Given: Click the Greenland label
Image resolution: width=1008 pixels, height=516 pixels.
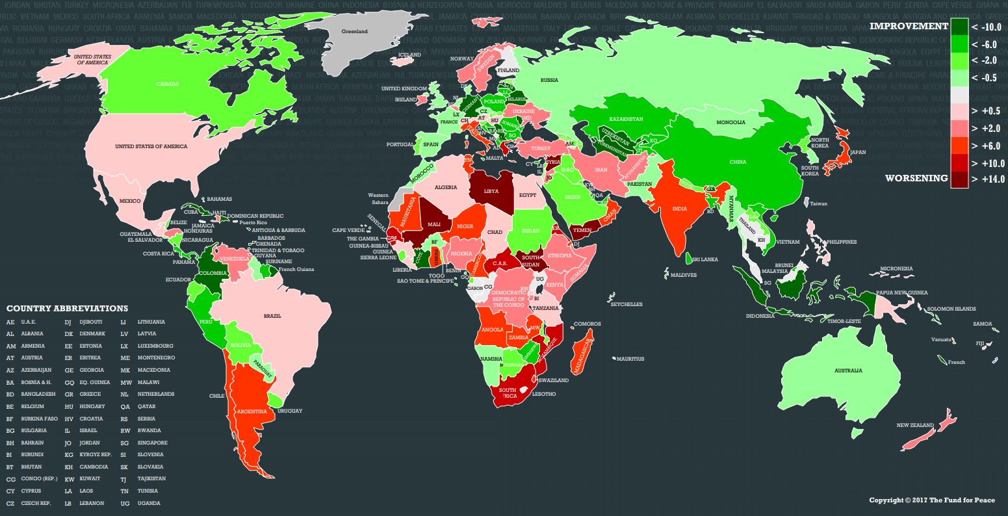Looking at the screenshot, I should coord(354,31).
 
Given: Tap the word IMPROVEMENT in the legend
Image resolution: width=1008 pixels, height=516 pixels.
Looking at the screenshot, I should coord(909,26).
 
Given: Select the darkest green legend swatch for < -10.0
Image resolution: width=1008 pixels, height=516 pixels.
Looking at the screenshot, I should coord(959,27).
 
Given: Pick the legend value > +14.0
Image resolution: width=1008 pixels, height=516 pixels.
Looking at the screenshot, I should coord(988,179).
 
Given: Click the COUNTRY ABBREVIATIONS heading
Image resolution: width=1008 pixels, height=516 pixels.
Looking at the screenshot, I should coord(67,309).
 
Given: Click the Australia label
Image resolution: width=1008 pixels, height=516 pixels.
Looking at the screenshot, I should coord(848,370).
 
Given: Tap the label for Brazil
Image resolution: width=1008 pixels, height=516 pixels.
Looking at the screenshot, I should coord(272,316).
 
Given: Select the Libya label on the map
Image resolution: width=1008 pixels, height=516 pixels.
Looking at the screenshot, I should coord(492,192).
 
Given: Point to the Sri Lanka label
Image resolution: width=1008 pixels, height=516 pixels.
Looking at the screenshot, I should coord(704,259).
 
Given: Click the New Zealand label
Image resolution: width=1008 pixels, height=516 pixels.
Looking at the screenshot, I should coord(914,426).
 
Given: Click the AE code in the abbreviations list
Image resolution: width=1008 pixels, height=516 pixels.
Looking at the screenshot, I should coord(10,322).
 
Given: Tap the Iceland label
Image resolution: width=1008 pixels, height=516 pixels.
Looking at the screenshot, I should coord(409,55).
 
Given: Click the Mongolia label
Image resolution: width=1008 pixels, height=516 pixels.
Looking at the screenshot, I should coord(730,122).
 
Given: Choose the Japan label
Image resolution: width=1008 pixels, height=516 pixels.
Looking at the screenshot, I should coord(858,153).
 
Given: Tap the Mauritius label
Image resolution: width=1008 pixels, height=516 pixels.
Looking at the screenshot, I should coord(630,359).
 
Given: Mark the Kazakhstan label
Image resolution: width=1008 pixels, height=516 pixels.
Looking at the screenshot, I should coord(626,120).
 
